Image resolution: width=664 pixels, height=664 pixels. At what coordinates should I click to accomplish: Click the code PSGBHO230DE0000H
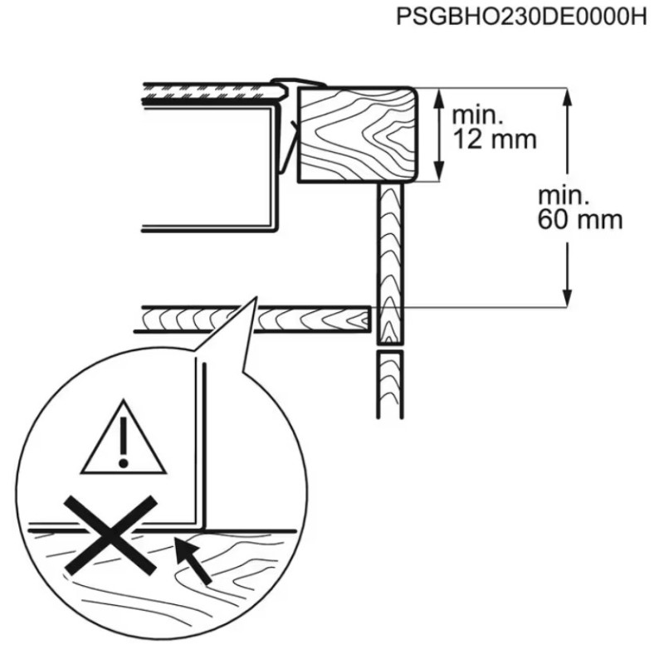coord(521,17)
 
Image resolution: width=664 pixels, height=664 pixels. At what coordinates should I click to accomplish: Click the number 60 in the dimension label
coord(554,220)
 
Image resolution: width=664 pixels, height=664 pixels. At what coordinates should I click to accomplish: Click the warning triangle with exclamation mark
coord(123,437)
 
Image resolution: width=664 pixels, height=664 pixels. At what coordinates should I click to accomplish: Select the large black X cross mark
coord(110,535)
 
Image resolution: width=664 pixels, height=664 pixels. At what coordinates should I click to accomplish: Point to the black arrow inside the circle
coord(193,561)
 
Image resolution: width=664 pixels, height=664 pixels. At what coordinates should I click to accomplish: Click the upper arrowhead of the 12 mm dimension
coord(440,99)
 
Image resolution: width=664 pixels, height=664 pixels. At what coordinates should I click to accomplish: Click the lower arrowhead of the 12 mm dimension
coord(440,171)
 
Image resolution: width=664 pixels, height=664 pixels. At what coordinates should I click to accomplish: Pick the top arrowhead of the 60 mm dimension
coord(568,99)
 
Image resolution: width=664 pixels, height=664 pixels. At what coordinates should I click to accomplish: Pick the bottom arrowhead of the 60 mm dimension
coord(568,296)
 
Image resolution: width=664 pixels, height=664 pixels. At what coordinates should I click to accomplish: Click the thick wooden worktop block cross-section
coord(357,134)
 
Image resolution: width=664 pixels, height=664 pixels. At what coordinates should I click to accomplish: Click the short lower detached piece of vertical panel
coord(389,384)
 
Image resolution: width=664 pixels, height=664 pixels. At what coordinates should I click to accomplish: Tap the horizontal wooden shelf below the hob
coord(253,319)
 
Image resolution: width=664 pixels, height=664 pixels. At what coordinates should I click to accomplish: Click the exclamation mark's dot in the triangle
coord(124,462)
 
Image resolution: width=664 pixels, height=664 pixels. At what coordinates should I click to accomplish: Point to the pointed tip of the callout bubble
coord(256,297)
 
